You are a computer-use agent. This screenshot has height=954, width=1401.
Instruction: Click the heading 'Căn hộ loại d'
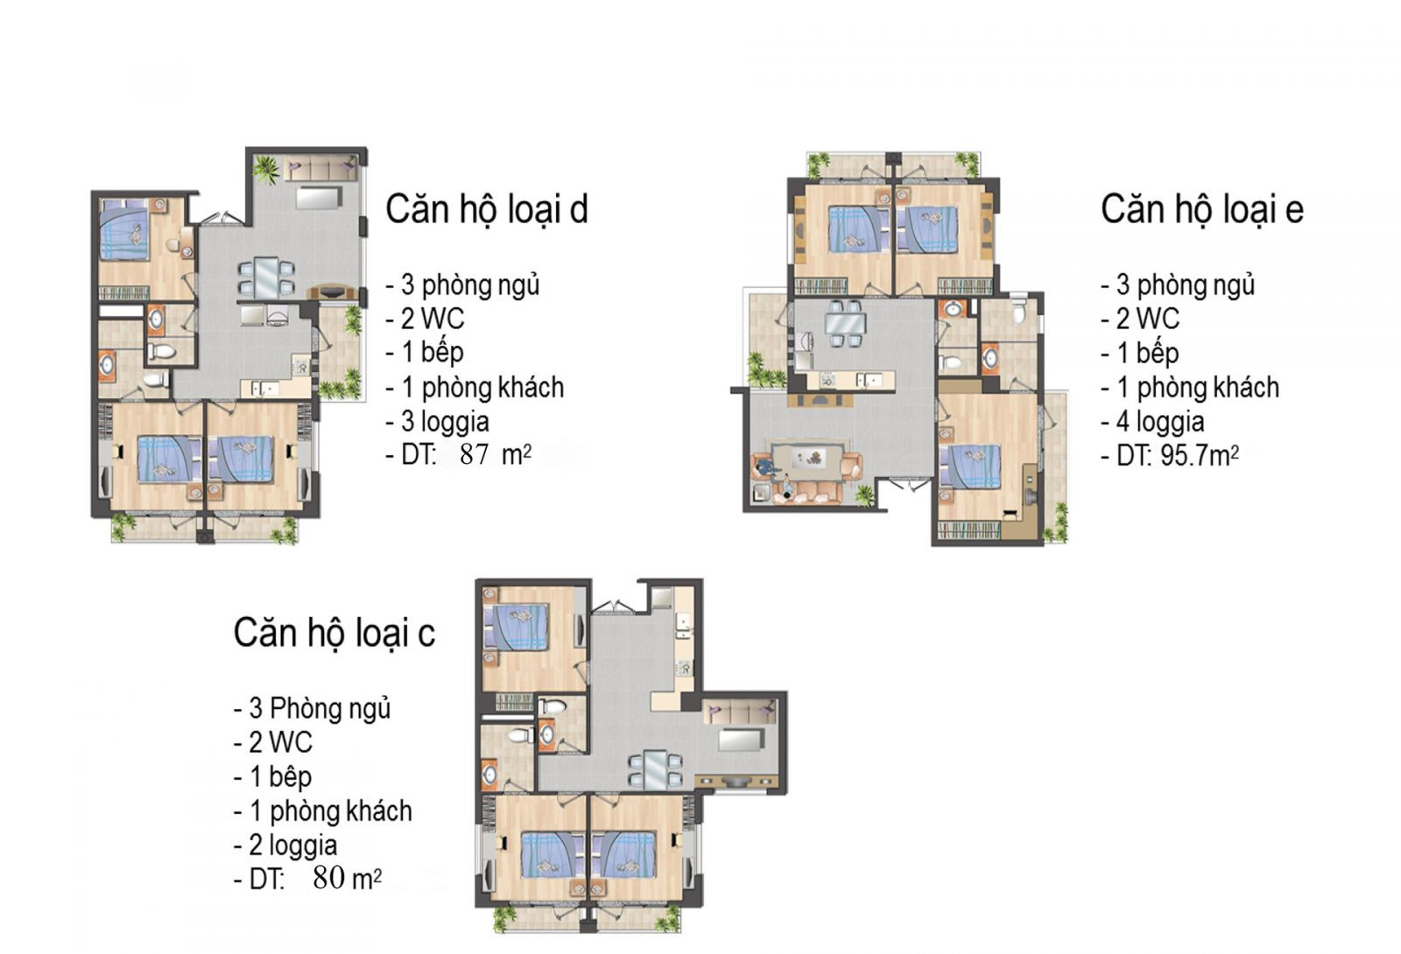tap(487, 209)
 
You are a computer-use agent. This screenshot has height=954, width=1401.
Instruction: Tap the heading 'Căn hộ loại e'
tap(1201, 209)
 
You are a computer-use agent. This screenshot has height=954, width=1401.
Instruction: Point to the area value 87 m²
tap(496, 454)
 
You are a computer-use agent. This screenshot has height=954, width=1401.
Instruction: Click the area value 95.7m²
tap(1199, 455)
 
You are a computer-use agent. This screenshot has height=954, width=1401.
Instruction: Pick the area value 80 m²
tap(347, 878)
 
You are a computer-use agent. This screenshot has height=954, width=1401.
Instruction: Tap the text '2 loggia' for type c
tap(292, 845)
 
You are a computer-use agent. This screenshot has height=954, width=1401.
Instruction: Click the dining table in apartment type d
tap(266, 277)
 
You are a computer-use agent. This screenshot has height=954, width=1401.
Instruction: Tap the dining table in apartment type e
tap(846, 324)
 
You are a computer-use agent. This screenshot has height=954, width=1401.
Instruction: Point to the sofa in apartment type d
tap(320, 170)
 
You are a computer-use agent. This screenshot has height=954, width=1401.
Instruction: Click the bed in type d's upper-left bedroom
tap(124, 229)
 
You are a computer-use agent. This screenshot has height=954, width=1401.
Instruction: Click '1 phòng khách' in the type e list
tap(1198, 388)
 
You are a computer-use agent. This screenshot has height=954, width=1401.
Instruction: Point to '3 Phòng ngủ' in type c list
tap(320, 708)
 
